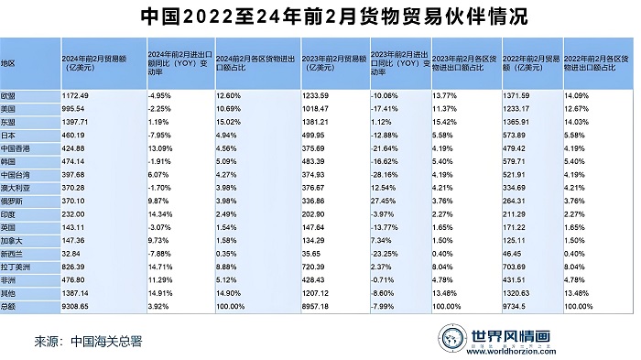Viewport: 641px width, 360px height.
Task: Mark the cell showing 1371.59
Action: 521,95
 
